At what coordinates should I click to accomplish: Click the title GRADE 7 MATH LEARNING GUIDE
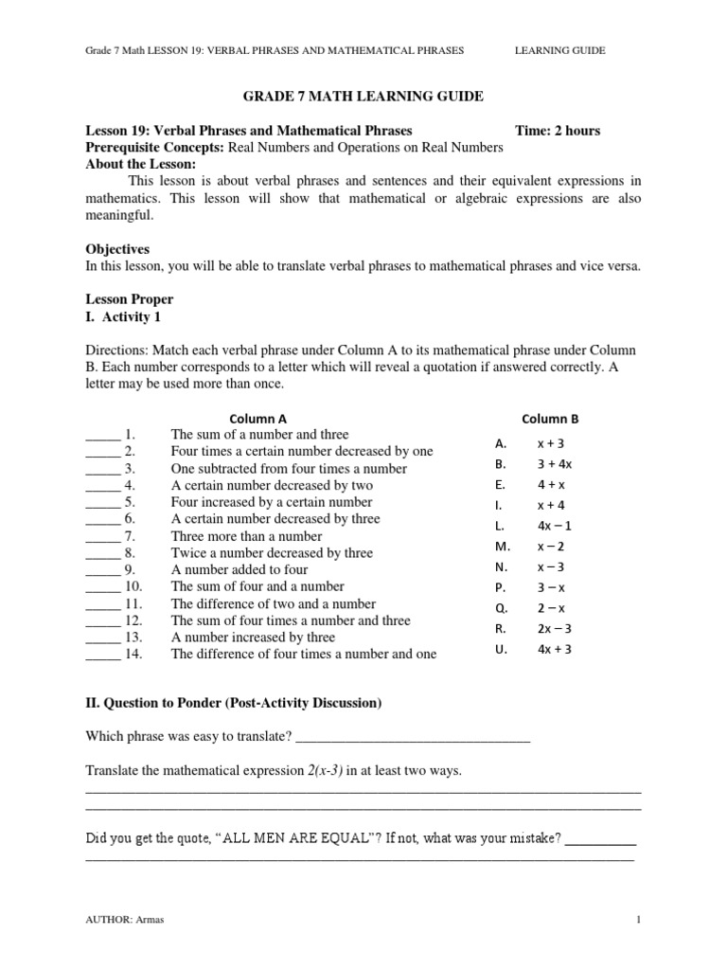363,97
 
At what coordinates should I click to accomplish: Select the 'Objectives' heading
117,249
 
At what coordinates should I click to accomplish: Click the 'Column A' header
258,418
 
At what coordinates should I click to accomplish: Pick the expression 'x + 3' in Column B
550,443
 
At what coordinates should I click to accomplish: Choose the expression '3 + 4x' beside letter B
554,464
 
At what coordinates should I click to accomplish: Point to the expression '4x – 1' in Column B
554,526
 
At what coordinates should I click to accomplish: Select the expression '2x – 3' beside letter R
554,629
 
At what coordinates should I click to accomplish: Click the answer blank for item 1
102,435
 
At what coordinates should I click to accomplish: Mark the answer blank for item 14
102,655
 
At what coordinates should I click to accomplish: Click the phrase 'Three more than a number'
246,536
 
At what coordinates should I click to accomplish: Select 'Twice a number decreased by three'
272,553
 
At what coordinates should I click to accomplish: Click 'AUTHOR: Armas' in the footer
122,920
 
